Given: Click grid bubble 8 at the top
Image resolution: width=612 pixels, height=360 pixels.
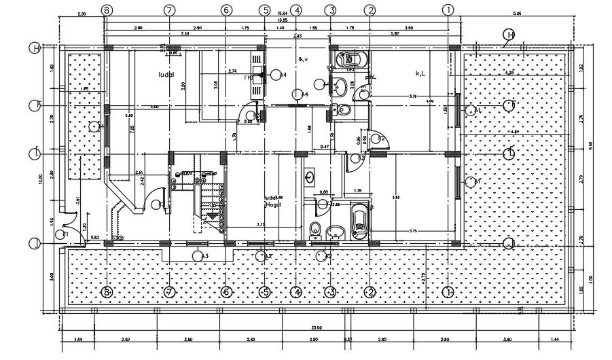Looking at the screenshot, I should click(x=106, y=10).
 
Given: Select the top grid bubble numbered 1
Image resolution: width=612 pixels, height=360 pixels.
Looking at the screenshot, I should click(x=448, y=10).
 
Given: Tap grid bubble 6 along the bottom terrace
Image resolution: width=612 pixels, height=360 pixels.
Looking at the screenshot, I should click(x=227, y=291).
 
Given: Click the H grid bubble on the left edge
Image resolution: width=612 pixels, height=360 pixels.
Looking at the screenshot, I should click(x=34, y=48).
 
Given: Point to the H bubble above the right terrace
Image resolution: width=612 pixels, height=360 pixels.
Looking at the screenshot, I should click(x=509, y=35).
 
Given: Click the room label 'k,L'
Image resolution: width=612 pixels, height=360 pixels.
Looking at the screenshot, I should click(x=420, y=73).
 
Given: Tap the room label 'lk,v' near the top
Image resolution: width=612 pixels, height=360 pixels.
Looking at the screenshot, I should click(x=302, y=60).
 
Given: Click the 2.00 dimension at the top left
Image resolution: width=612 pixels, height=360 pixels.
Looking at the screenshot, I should click(x=81, y=14).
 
